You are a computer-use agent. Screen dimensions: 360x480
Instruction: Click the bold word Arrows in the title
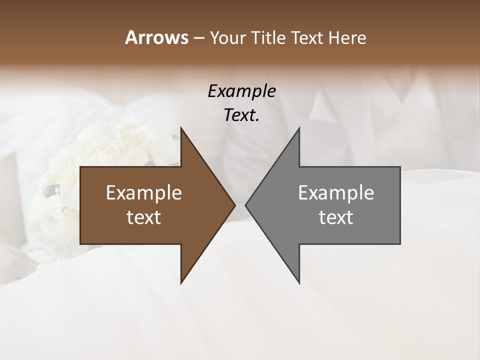click(156, 37)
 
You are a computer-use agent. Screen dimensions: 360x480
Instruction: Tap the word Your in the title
click(227, 38)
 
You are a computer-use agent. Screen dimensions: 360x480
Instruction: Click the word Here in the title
click(348, 38)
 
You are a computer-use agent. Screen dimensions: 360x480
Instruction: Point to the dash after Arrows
click(198, 38)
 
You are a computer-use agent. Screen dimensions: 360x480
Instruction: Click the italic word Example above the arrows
click(241, 91)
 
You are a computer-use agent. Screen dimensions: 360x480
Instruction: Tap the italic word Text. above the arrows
click(241, 115)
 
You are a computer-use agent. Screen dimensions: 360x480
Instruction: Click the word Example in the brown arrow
click(144, 192)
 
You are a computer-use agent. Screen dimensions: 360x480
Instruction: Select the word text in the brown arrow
click(144, 217)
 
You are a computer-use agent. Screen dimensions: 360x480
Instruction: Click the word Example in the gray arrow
click(336, 192)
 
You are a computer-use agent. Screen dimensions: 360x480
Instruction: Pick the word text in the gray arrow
click(336, 217)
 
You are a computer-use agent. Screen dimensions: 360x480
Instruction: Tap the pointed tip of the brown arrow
click(234, 205)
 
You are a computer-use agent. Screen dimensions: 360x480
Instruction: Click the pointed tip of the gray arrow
click(246, 205)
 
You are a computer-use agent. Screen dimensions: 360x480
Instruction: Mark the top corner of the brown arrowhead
click(181, 128)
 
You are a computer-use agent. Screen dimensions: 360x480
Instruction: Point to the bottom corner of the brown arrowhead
click(181, 282)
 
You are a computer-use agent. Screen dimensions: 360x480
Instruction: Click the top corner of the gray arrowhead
click(299, 128)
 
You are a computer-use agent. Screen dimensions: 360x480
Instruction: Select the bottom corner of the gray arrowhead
click(299, 282)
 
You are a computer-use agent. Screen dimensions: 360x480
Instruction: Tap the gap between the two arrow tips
click(240, 205)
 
